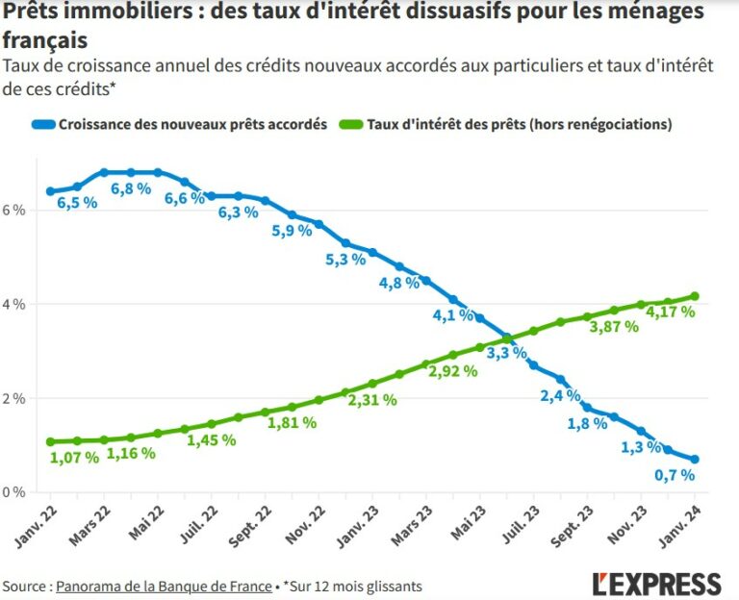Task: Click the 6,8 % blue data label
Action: pyautogui.click(x=131, y=188)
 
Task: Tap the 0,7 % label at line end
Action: pyautogui.click(x=675, y=474)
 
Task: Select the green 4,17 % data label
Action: pyautogui.click(x=670, y=312)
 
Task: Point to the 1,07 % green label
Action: pyautogui.click(x=74, y=457)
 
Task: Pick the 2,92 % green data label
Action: pyautogui.click(x=453, y=368)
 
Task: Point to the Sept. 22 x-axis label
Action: pyautogui.click(x=248, y=529)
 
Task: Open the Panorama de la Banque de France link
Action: pyautogui.click(x=164, y=586)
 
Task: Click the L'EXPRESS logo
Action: pyautogui.click(x=656, y=583)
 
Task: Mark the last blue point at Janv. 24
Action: pyautogui.click(x=695, y=459)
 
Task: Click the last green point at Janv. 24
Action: pyautogui.click(x=695, y=296)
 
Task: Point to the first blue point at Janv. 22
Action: pyautogui.click(x=50, y=191)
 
